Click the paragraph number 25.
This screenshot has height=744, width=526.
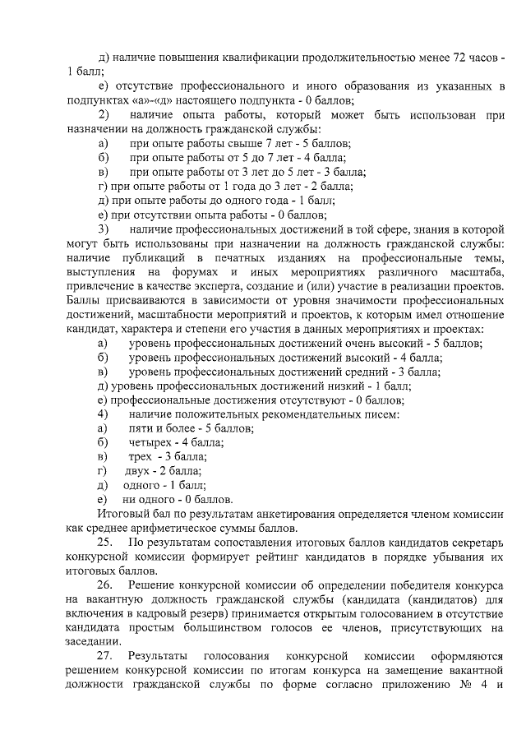[104, 543]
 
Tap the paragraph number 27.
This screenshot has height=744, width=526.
[104, 658]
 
